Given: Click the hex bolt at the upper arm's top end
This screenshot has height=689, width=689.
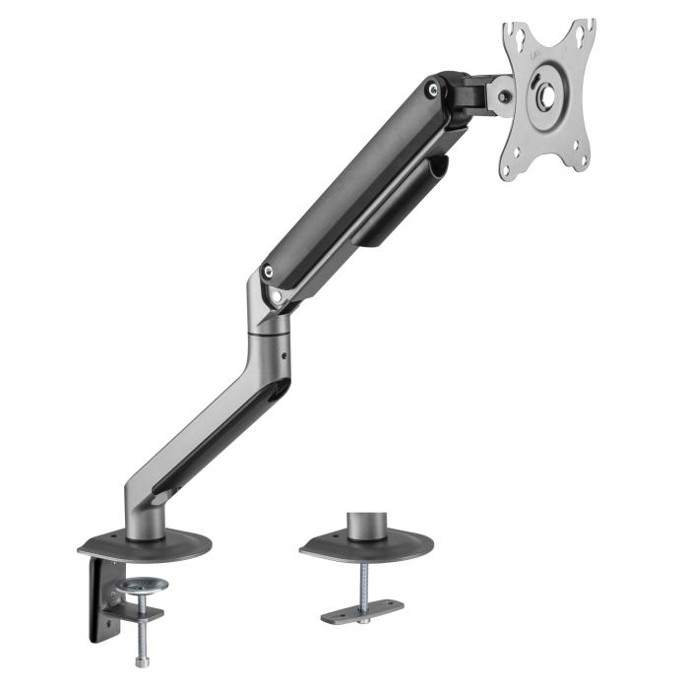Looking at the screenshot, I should (x=432, y=90).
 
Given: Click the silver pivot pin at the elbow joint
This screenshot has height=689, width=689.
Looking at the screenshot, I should (x=280, y=294).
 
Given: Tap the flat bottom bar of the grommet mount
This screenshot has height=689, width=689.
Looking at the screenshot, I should (x=361, y=610).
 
